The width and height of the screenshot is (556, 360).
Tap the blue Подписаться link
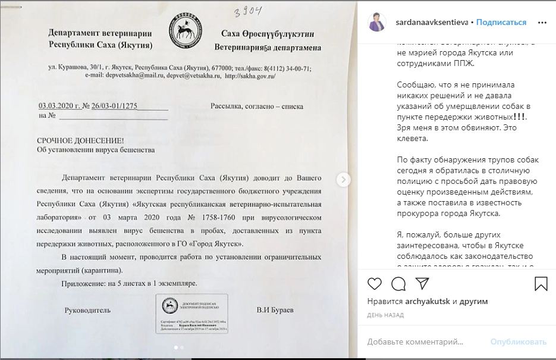coord(501,22)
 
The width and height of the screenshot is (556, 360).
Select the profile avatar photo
coord(378,23)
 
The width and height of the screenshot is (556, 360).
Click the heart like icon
coord(375,283)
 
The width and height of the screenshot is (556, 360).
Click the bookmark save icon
coord(541,283)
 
